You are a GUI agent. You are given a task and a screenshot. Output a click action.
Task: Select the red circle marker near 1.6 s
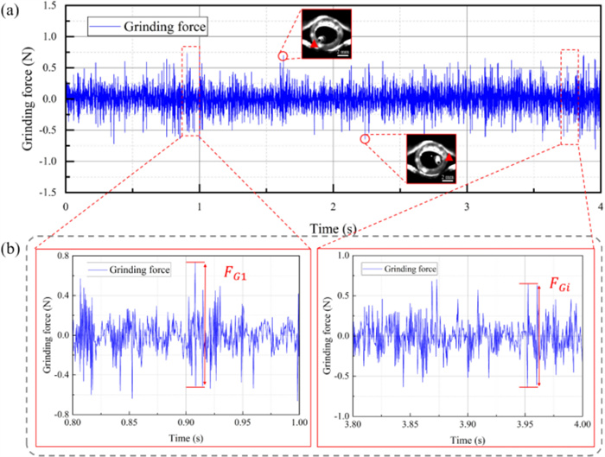[x=283, y=56]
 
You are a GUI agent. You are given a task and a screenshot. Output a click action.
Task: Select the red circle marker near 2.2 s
[x=365, y=138]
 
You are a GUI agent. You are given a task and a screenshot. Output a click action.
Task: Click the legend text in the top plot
[x=165, y=28]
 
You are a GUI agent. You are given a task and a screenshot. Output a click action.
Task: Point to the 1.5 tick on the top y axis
[x=51, y=6]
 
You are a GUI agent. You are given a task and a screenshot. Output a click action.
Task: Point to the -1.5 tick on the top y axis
[x=49, y=192]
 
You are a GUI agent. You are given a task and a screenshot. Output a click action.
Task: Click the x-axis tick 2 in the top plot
[x=333, y=207]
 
